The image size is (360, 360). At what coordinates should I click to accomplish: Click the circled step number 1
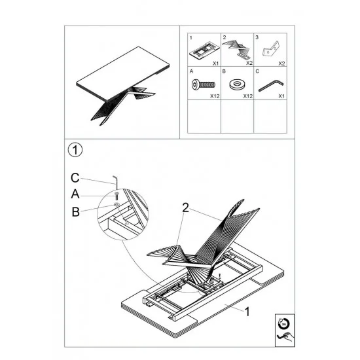75,150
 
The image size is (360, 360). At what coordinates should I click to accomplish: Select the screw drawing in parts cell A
204,84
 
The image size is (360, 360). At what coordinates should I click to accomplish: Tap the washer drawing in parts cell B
237,84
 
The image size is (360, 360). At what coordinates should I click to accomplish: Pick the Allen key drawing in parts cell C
271,85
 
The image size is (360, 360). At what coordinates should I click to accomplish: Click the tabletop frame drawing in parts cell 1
204,50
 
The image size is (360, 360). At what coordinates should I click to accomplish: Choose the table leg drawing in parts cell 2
237,48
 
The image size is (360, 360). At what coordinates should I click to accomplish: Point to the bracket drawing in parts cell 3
271,48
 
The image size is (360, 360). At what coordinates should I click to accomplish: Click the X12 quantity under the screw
215,96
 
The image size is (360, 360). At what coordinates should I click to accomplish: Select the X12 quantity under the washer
247,96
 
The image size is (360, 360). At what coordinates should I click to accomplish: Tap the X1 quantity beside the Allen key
281,96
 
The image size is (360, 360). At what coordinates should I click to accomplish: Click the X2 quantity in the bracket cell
281,63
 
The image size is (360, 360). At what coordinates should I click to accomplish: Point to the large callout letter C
75,178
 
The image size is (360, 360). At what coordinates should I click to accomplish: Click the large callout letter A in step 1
75,194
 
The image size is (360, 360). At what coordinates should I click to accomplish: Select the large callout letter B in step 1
75,211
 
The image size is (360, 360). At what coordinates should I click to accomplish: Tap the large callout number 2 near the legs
185,207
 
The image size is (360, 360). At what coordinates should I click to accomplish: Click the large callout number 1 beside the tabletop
247,312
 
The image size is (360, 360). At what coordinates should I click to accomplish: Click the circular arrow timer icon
283,324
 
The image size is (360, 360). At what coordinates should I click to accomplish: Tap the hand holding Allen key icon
285,337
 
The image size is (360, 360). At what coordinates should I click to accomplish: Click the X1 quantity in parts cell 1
215,63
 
